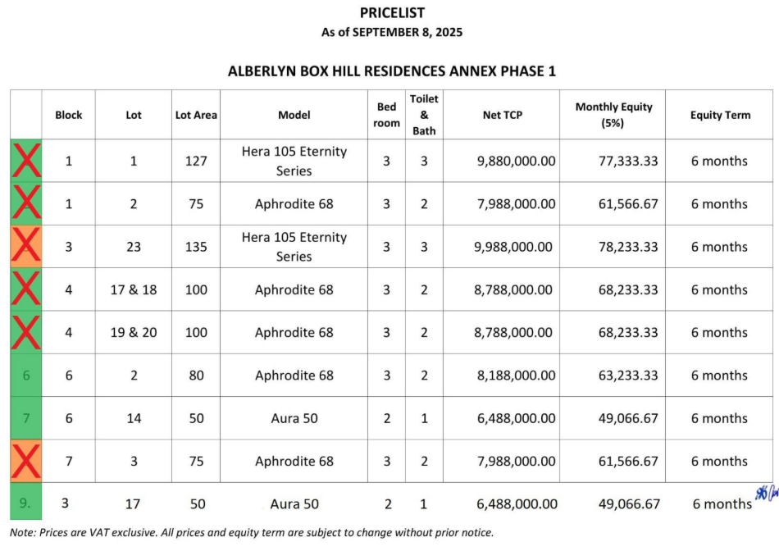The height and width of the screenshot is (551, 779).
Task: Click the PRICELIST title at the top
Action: click(392, 12)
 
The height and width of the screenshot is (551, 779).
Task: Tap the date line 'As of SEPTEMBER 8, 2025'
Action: click(392, 33)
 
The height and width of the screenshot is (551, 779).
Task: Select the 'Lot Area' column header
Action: click(196, 115)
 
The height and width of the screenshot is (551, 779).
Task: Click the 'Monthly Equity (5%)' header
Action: click(613, 115)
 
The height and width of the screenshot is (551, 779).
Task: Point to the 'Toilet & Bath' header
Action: click(424, 115)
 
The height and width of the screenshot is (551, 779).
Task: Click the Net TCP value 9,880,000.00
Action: click(516, 161)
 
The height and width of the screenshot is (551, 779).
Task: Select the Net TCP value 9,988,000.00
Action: click(514, 247)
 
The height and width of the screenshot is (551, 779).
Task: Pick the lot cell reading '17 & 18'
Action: click(134, 289)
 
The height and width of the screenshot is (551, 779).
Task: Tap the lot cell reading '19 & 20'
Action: click(134, 332)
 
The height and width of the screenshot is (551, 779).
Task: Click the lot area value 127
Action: click(196, 161)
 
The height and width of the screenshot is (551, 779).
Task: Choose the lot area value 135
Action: click(196, 247)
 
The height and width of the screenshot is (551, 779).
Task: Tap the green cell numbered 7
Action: click(26, 418)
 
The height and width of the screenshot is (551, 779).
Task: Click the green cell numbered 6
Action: click(26, 376)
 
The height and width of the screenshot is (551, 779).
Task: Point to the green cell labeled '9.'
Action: click(26, 503)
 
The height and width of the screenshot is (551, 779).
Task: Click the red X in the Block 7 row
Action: click(26, 461)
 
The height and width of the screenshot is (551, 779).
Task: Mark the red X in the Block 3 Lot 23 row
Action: click(26, 247)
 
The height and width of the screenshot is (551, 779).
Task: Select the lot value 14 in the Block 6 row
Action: click(134, 418)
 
